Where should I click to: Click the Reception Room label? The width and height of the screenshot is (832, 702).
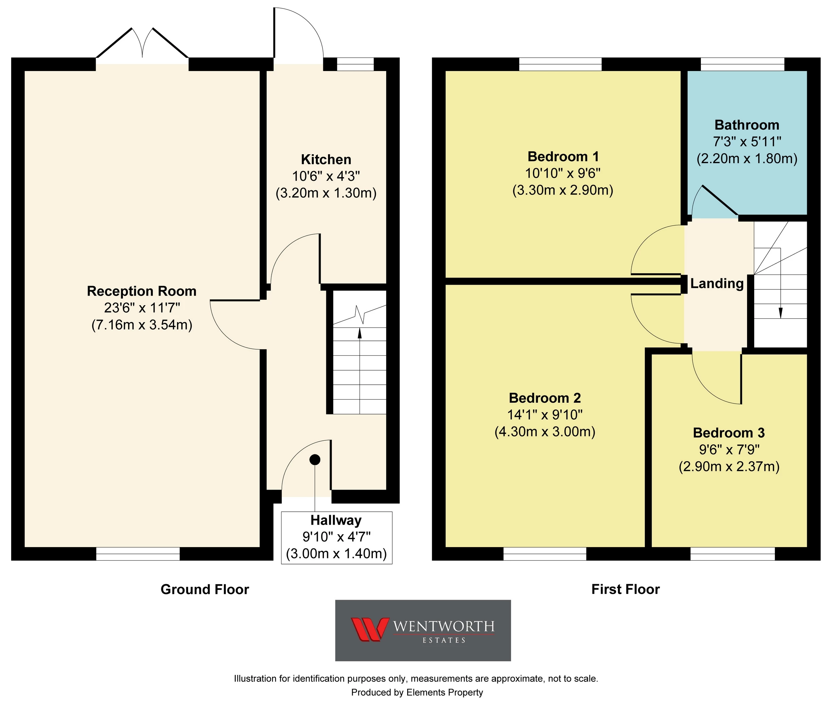click(x=142, y=291)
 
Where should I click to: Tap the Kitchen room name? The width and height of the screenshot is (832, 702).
click(x=326, y=160)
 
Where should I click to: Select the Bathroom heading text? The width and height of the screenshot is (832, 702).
click(x=747, y=125)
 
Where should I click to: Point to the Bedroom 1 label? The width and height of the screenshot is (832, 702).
click(x=563, y=157)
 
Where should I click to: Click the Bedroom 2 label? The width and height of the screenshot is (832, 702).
click(x=545, y=398)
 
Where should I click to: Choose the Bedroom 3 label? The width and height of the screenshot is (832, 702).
click(x=729, y=433)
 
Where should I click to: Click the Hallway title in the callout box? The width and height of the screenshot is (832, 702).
click(x=336, y=520)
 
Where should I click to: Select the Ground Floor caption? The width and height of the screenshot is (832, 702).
click(x=205, y=590)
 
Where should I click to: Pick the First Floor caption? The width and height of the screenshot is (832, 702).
click(x=626, y=590)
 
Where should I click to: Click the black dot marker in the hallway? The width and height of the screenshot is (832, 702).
click(x=315, y=460)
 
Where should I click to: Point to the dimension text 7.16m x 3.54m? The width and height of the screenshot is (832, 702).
click(x=142, y=325)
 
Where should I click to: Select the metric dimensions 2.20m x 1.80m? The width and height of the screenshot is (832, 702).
click(x=747, y=159)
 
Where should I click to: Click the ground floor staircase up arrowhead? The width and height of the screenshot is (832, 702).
click(x=360, y=333)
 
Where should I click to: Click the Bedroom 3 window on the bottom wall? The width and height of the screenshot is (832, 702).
click(x=732, y=554)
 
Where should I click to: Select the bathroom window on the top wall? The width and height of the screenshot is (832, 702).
click(x=742, y=64)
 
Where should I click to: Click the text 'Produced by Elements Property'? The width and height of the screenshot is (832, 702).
click(x=417, y=693)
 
